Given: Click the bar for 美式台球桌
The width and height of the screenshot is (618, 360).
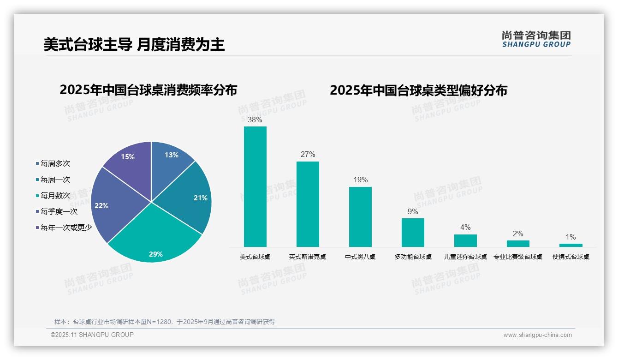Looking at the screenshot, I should point(255,186).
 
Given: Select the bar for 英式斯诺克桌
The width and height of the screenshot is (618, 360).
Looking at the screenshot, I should point(308,204).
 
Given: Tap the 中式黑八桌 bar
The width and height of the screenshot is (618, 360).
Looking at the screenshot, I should point(360,216).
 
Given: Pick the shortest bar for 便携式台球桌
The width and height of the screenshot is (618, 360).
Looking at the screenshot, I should point(570,245).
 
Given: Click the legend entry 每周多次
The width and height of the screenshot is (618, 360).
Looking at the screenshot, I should point(55,164).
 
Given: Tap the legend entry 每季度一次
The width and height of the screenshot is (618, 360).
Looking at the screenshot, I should point(59,212).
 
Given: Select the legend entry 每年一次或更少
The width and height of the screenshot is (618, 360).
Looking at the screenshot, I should point(66,228).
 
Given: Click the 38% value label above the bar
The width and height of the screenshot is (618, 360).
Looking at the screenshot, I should point(255,120).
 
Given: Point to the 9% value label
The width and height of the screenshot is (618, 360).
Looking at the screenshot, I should point(413,211).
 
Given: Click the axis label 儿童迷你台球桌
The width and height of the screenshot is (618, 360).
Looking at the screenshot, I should point(465,257).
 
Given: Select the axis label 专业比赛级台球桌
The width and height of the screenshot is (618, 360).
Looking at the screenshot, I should point(518,257).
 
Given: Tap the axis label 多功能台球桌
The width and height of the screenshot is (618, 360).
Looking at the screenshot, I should point(413,257).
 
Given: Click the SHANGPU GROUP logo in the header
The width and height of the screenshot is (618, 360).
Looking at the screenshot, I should point(536,39).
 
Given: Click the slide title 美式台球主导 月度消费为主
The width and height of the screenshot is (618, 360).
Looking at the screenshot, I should point(134,44).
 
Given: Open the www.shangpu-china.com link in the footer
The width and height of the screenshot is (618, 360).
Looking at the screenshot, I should point(537,335).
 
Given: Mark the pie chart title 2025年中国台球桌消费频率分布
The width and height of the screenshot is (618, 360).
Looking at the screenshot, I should point(148,90).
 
